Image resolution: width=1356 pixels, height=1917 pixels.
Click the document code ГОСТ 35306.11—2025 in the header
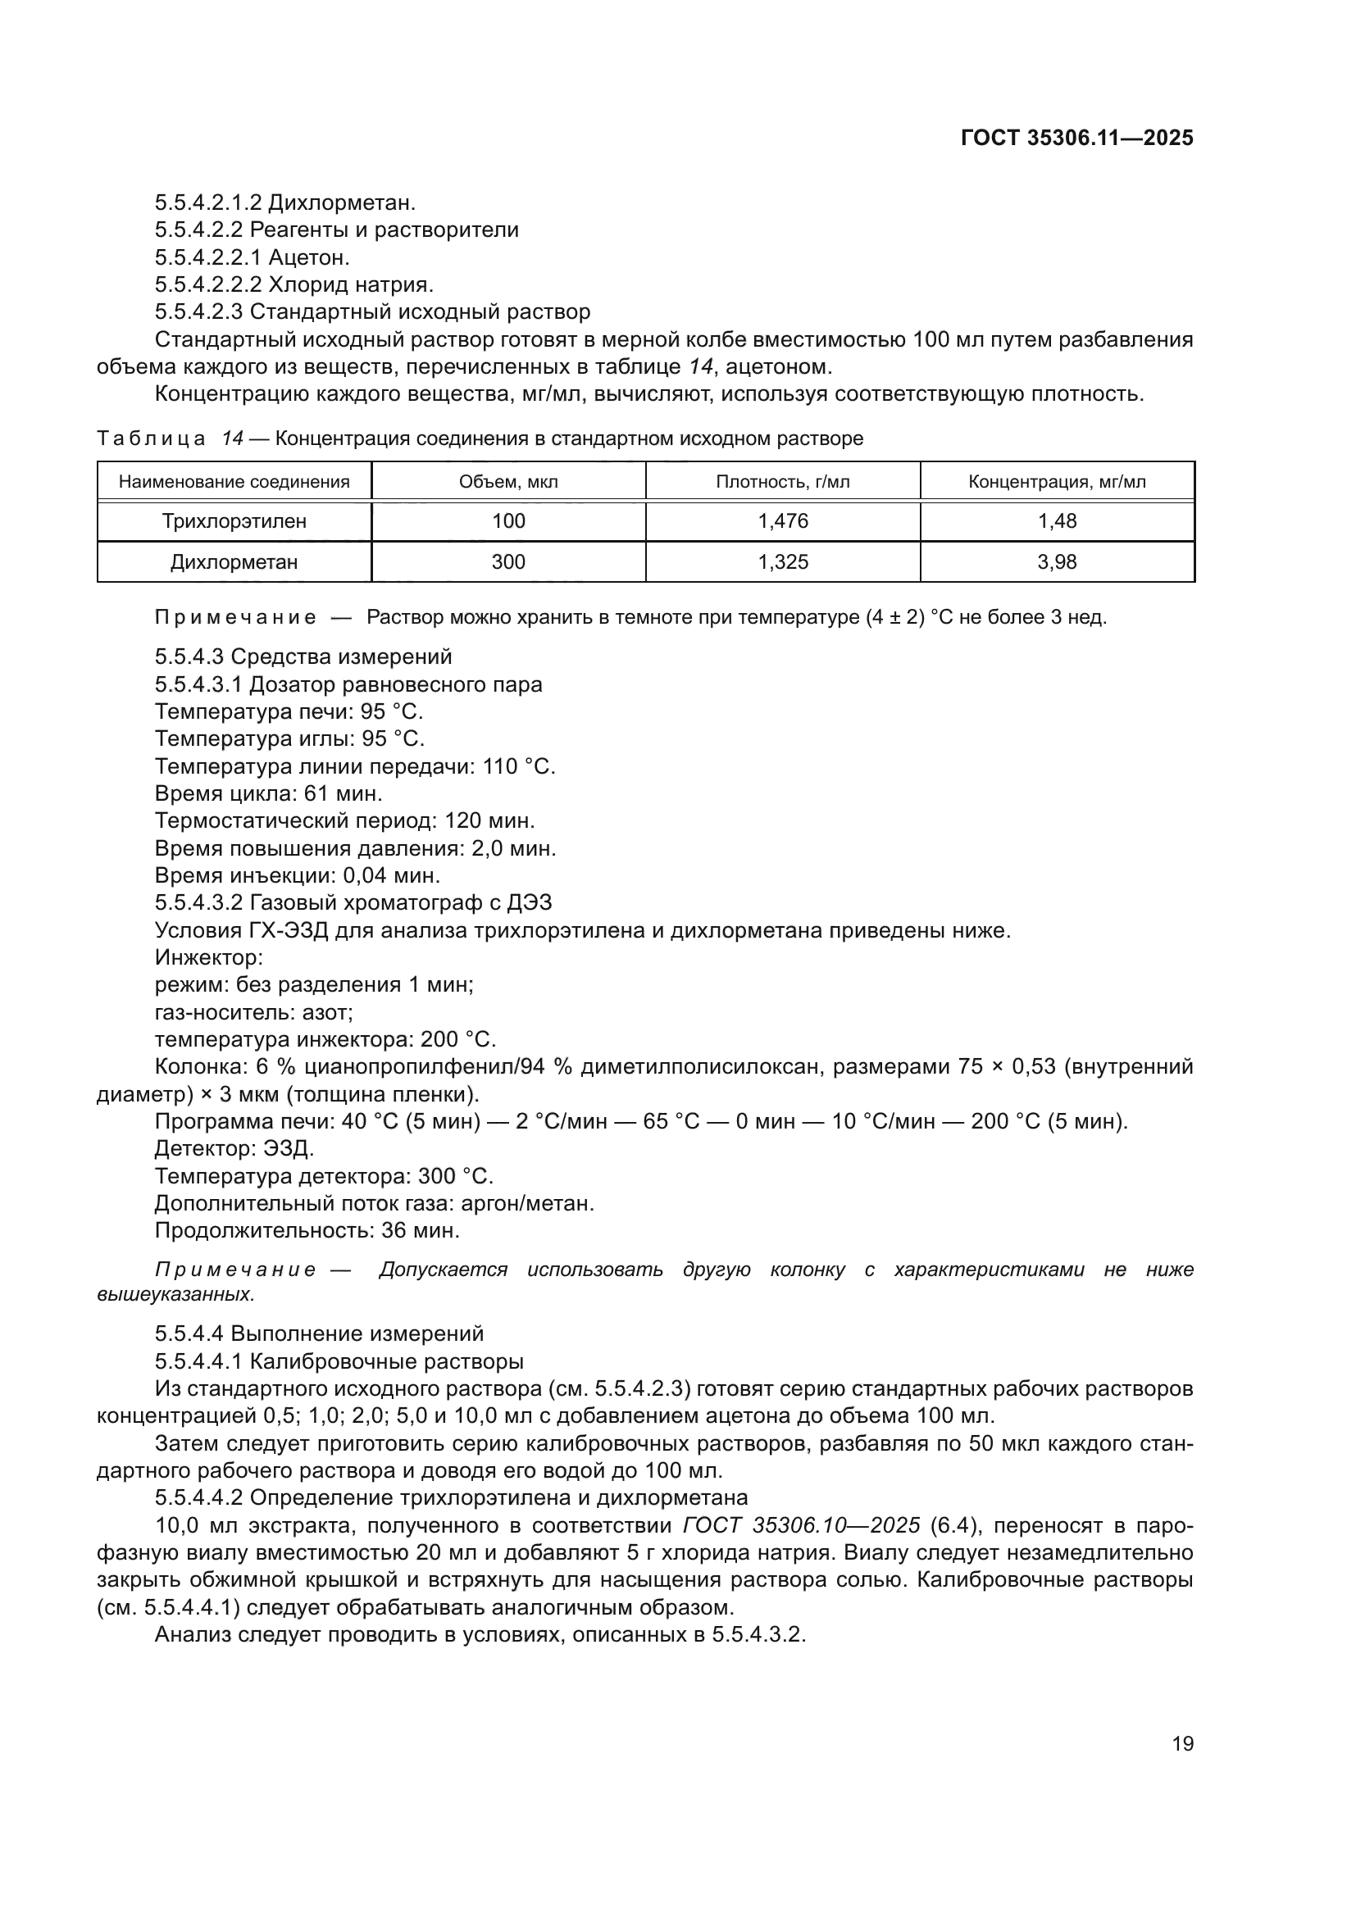pos(1076,138)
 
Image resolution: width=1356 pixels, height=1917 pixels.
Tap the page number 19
pos(1182,1743)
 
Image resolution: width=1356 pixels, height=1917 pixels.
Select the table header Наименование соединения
pos(234,482)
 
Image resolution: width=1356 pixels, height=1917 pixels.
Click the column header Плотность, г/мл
pos(782,482)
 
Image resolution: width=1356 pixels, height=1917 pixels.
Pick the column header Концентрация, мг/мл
pos(1056,482)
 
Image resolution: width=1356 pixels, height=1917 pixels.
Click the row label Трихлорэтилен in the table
pos(234,522)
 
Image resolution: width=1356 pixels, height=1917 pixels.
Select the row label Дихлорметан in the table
pos(234,562)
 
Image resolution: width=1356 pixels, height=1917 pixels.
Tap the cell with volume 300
pos(507,562)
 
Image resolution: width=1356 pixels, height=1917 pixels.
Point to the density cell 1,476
pos(782,522)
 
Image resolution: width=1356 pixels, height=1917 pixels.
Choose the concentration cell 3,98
pos(1056,562)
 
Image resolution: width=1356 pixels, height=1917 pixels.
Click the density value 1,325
pos(782,562)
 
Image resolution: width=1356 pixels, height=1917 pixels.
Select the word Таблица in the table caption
pos(151,439)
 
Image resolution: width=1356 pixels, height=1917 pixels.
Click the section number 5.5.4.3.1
pos(198,684)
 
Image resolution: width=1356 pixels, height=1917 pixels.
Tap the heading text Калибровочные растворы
pos(387,1362)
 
